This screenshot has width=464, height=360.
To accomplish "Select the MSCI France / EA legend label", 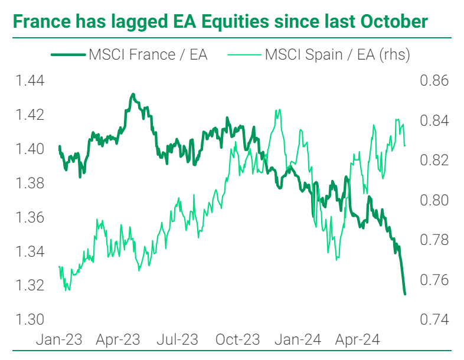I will tap(148, 55).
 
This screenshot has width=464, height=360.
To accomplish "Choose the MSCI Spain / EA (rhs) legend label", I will tap(338, 55).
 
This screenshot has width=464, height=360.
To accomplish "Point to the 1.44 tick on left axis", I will tap(30, 81).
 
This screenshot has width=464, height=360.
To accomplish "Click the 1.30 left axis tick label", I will tap(30, 319).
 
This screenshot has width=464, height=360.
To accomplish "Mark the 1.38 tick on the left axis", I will tap(30, 183).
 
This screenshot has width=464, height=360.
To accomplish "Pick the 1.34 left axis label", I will tap(30, 251).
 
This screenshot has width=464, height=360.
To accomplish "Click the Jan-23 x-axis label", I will tap(59, 340).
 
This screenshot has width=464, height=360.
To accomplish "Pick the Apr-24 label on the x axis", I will tap(358, 340).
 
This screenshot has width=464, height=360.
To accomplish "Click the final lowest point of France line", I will tap(405, 294).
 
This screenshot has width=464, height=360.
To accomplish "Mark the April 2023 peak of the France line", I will tap(133, 94).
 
